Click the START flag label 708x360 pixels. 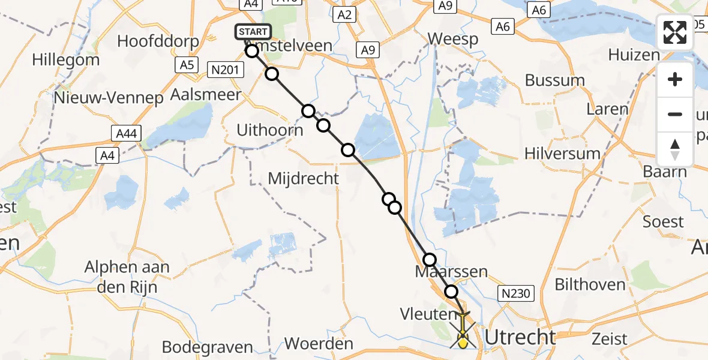(x=253, y=32)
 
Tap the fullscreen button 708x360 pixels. (x=675, y=32)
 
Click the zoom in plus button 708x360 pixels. (x=675, y=80)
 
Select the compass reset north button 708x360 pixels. (x=675, y=149)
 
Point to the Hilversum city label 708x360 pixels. (x=562, y=154)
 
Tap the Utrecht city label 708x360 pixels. (x=520, y=338)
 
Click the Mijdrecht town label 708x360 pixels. (x=303, y=178)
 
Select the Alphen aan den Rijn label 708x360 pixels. (x=127, y=277)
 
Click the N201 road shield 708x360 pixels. (x=226, y=70)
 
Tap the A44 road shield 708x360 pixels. (x=129, y=134)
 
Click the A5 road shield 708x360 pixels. (x=187, y=65)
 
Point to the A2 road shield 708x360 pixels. (x=344, y=15)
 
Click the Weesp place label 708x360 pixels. (x=453, y=40)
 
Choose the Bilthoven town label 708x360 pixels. (x=590, y=284)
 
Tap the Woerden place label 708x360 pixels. (x=319, y=344)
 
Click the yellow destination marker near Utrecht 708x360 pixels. (x=463, y=341)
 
